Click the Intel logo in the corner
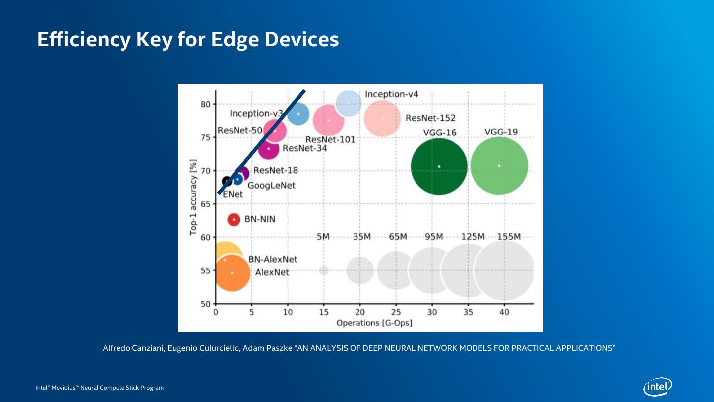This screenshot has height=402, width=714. tap(657, 387)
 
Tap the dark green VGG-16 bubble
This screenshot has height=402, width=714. tap(439, 166)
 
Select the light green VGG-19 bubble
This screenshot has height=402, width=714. tap(499, 166)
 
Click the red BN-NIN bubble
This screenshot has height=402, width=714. tap(234, 219)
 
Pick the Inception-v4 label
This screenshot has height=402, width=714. tap(392, 94)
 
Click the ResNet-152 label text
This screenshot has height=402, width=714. tap(430, 118)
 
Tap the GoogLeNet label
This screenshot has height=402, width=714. tap(271, 185)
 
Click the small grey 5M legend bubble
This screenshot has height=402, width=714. tap(324, 270)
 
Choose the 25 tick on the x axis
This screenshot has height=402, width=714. tap(396, 313)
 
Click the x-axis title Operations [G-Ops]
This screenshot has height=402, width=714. tap(374, 323)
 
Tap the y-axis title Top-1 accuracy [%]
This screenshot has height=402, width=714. tap(193, 197)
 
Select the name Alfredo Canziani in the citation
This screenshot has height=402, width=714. tap(133, 348)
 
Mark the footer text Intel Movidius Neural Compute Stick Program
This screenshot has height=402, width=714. tap(99, 387)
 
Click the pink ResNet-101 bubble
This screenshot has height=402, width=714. tap(328, 120)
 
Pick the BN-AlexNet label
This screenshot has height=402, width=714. tap(273, 259)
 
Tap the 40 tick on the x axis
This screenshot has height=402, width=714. tap(504, 313)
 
